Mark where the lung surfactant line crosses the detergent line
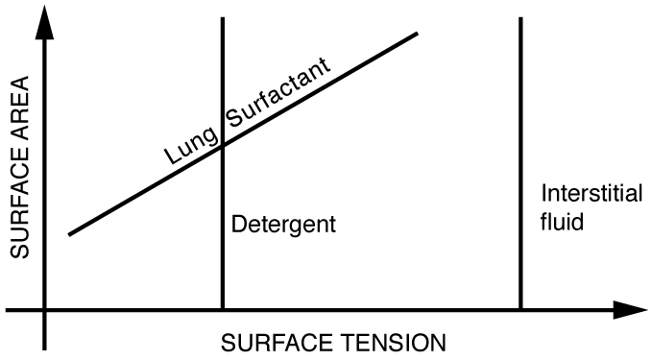click(x=223, y=144)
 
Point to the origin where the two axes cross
click(x=44, y=310)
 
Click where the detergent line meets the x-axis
click(x=223, y=310)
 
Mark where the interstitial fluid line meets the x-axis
click(x=520, y=310)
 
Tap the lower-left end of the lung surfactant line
click(x=70, y=233)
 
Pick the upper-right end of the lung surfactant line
click(x=419, y=35)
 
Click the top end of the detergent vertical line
click(x=223, y=18)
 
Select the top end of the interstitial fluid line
click(x=520, y=18)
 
